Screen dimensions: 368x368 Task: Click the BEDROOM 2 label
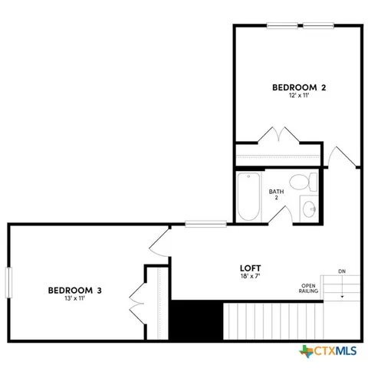[x=299, y=88]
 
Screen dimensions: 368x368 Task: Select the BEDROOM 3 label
[x=74, y=290]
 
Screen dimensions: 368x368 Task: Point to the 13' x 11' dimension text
[x=74, y=299]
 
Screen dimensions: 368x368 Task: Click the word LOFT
[x=251, y=270]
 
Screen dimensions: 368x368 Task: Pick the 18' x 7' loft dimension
[x=251, y=279]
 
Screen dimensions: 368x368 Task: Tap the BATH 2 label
[x=276, y=195]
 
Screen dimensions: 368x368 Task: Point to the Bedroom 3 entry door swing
[x=159, y=243]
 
